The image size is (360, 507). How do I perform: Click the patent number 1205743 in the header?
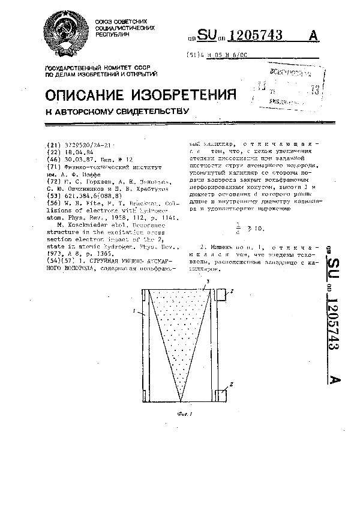pyautogui.click(x=257, y=35)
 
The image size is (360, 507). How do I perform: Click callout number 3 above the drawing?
pyautogui.click(x=208, y=281)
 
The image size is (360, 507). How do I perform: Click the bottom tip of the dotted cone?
pyautogui.click(x=179, y=400)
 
